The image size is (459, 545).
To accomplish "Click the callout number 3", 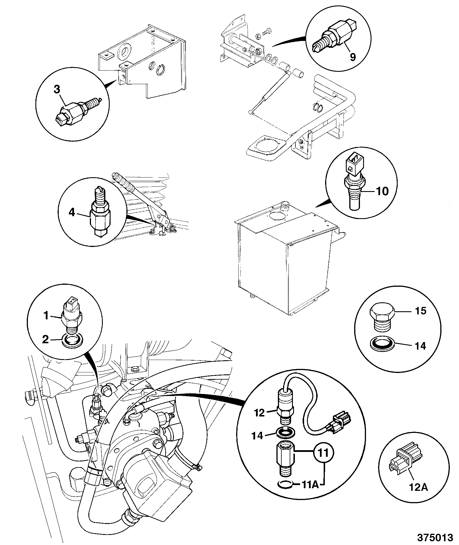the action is coord(57,89).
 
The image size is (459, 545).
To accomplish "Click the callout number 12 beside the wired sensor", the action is coord(259,413).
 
